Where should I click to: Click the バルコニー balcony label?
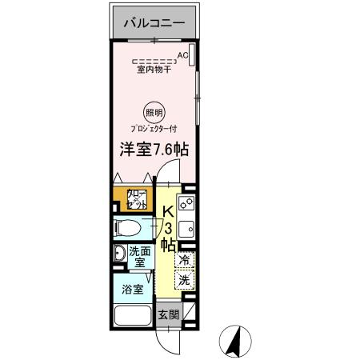tap(154, 23)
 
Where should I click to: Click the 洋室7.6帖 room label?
tap(154, 150)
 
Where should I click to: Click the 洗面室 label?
tap(138, 256)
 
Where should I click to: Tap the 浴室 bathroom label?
tap(133, 290)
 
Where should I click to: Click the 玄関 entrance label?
tap(166, 314)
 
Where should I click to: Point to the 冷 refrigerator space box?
tap(185, 259)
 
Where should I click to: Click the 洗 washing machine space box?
tap(185, 280)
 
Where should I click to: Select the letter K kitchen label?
tap(168, 211)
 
